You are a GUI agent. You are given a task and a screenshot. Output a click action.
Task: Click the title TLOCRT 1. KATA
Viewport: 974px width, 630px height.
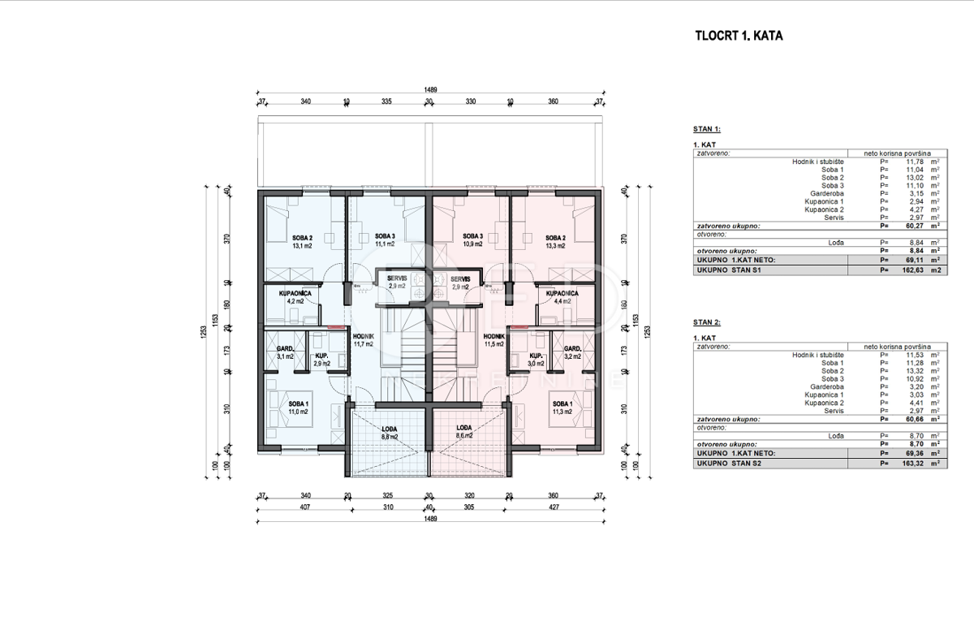point(739,36)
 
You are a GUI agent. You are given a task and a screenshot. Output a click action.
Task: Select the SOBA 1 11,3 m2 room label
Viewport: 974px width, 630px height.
point(560,408)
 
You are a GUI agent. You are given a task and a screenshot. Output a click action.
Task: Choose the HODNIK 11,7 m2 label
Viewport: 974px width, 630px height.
point(363,339)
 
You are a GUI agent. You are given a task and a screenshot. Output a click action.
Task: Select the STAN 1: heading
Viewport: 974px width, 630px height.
point(707,129)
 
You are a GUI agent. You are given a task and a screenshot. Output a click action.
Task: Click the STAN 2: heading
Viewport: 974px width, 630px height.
point(707,322)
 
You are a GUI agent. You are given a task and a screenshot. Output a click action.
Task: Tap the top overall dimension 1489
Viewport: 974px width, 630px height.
point(430,91)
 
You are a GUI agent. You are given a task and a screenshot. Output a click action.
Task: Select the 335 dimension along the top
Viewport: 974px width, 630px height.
point(387,102)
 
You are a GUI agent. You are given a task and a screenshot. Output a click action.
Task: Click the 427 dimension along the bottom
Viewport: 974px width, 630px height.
point(554,508)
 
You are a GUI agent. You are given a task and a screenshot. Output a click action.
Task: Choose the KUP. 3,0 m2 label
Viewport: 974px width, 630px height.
point(535,360)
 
